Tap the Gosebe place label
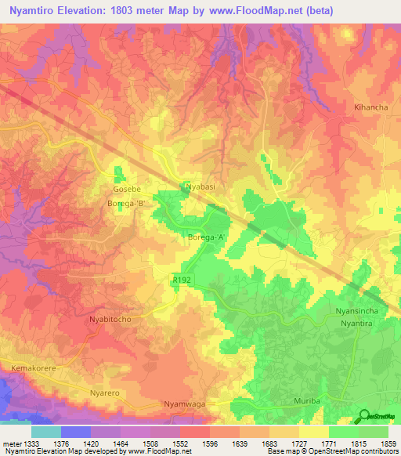(127, 190)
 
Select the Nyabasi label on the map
(200, 187)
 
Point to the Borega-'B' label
(126, 204)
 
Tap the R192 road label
(182, 278)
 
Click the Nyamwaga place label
(184, 403)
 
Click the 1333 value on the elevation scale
(25, 444)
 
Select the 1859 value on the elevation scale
(387, 444)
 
